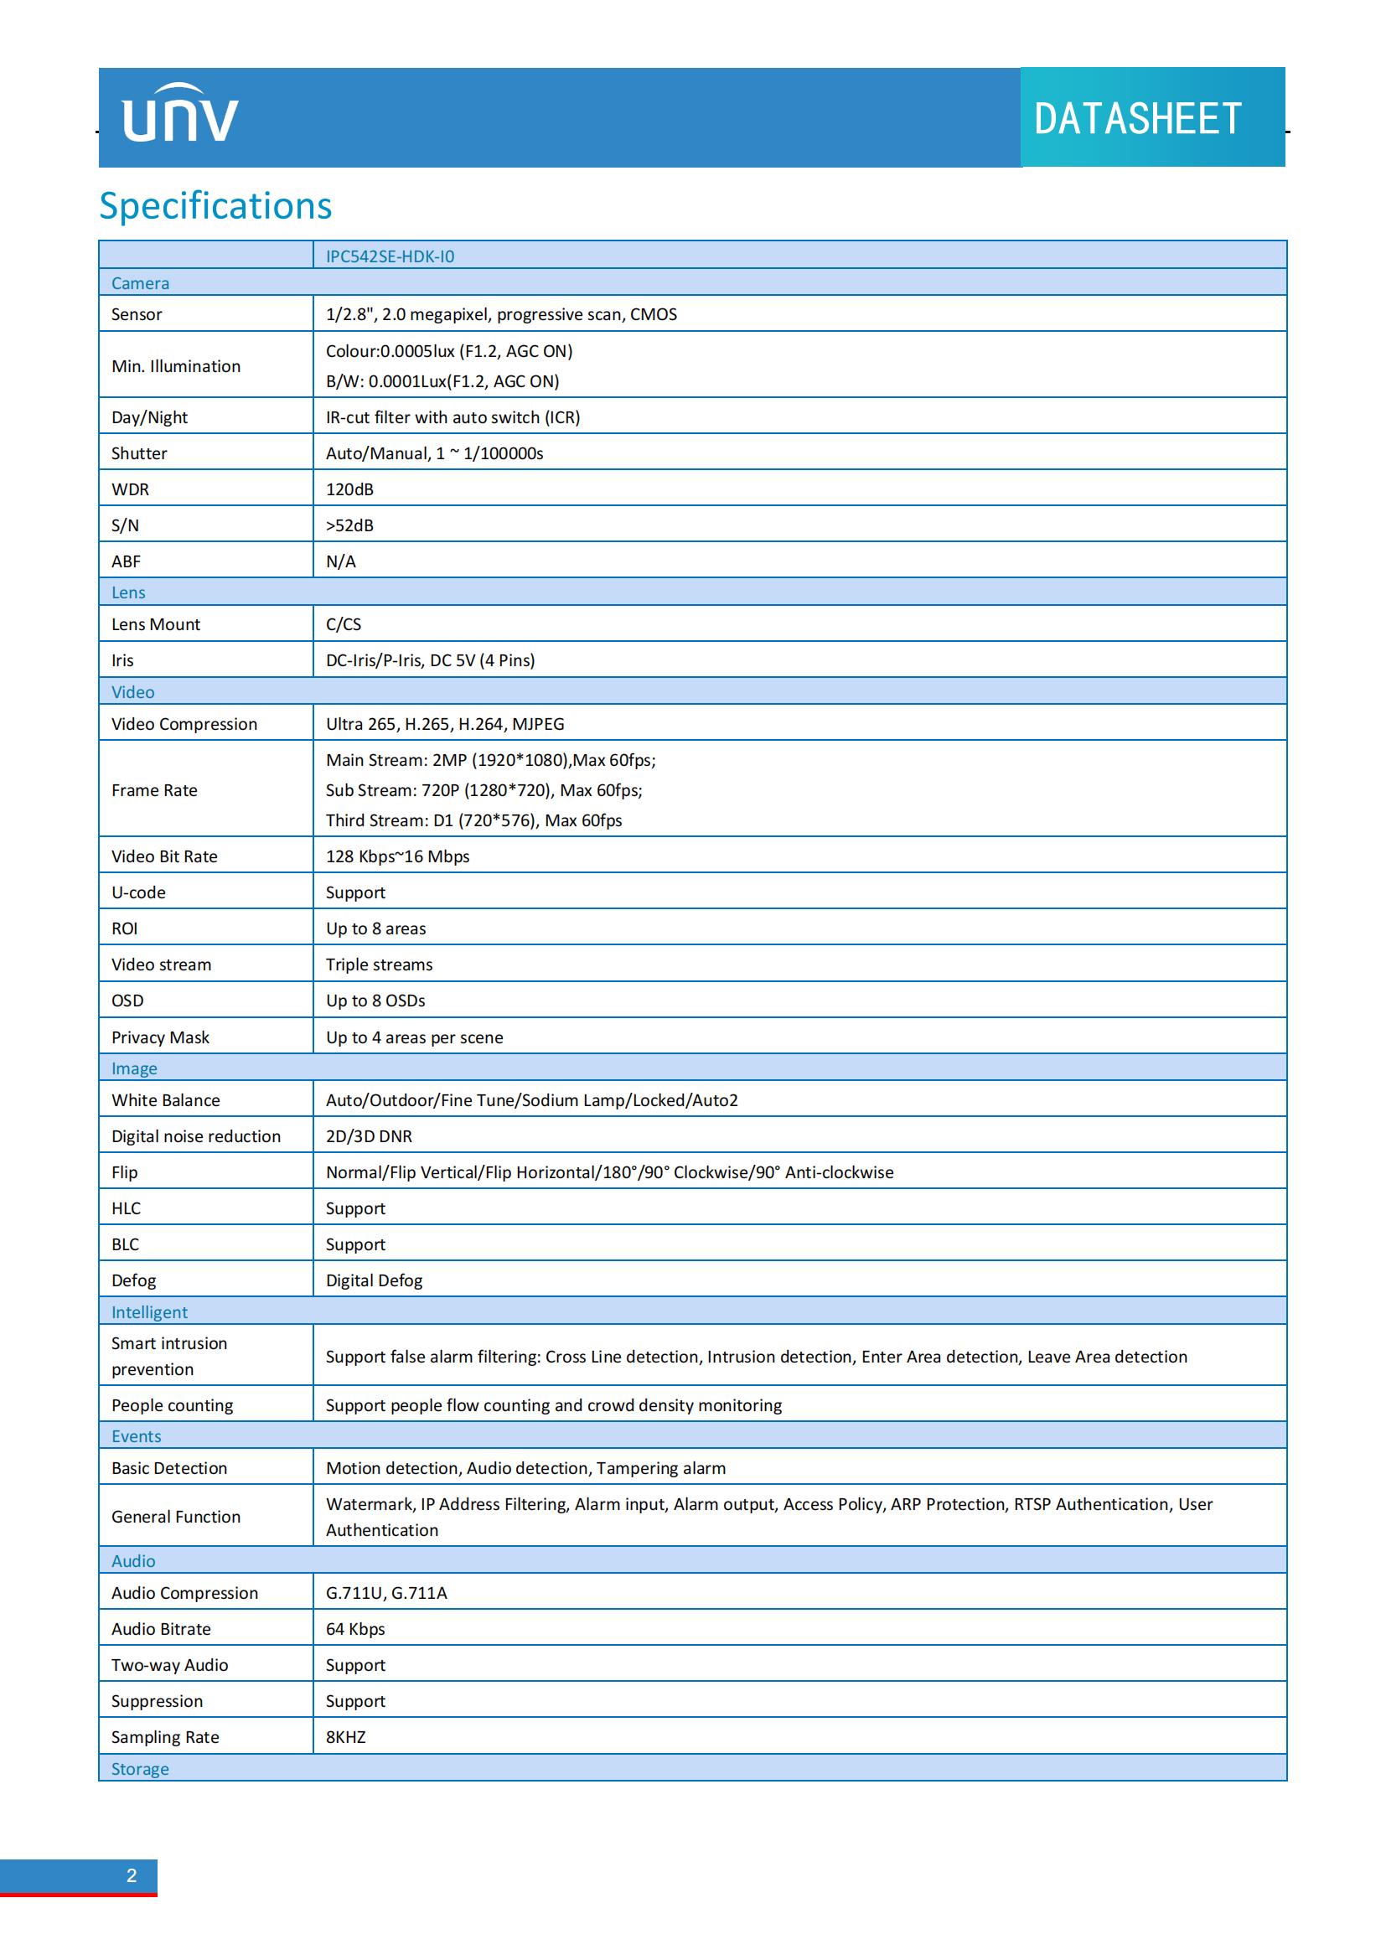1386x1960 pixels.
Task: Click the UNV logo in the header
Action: (180, 115)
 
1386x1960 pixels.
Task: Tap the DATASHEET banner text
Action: (1137, 119)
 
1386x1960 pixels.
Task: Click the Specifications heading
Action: (215, 206)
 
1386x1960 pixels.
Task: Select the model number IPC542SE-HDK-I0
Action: (390, 256)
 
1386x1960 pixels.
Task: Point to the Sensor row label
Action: (137, 314)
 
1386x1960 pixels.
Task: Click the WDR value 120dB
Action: (350, 489)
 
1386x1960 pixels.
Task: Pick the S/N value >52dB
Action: (350, 525)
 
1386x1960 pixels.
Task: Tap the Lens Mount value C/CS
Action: (343, 624)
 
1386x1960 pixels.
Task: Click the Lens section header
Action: (128, 592)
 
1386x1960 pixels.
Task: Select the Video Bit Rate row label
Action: (164, 856)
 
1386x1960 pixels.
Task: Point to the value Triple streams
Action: (379, 964)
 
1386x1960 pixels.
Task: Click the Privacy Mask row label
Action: (160, 1037)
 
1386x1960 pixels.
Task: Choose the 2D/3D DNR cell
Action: (369, 1136)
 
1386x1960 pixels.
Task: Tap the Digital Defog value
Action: (374, 1280)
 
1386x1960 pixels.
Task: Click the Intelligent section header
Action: (149, 1312)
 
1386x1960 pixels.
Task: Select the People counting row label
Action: (172, 1405)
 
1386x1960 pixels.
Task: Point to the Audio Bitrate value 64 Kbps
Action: (355, 1629)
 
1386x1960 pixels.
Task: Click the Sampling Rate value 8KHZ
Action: (345, 1737)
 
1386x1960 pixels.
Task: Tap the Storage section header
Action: (140, 1769)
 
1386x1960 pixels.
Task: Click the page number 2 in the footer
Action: (132, 1875)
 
